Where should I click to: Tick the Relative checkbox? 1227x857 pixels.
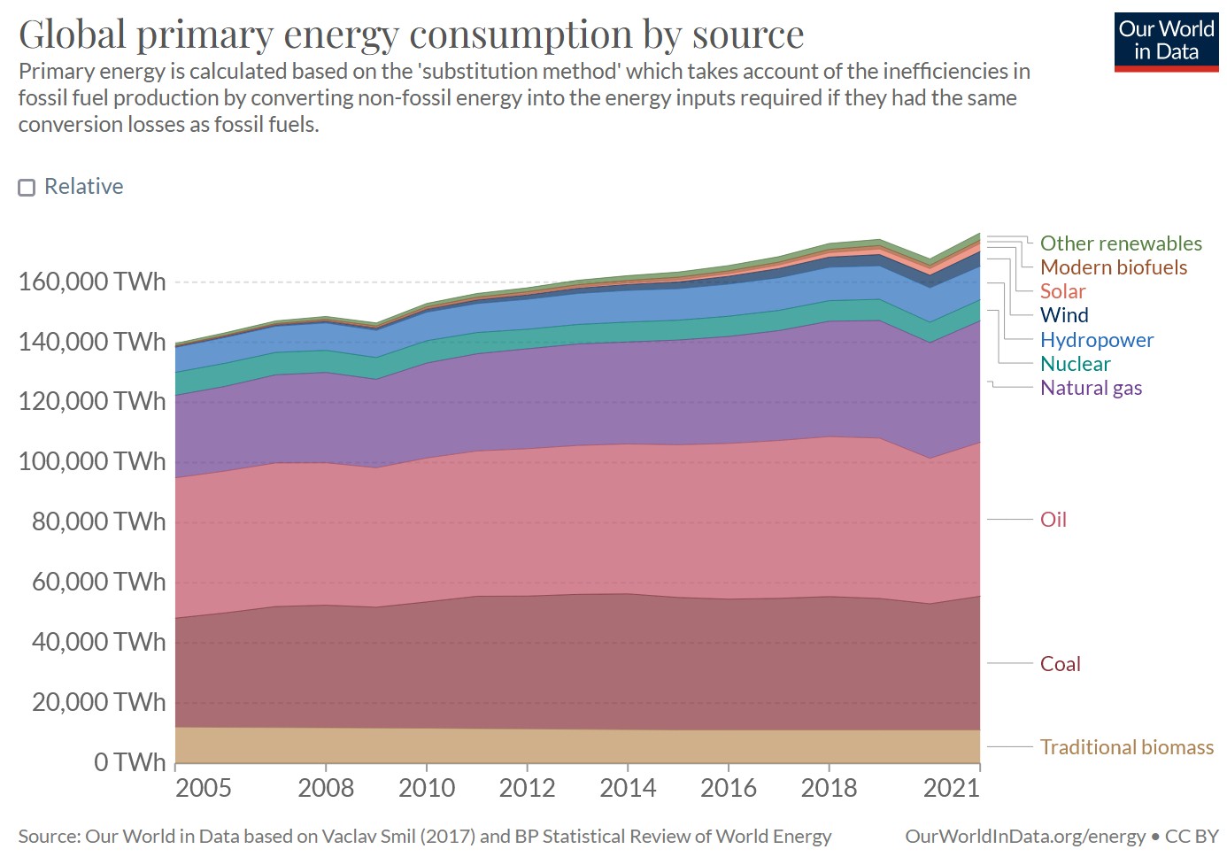[x=27, y=187]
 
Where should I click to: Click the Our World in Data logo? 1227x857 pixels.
[x=1166, y=41]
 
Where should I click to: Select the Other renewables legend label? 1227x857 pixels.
[x=1121, y=243]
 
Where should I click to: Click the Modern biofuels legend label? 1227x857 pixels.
[x=1114, y=267]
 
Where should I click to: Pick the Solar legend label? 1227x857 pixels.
[x=1062, y=291]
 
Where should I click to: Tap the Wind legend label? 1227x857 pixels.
[x=1064, y=315]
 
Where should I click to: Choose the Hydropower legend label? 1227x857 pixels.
[x=1097, y=340]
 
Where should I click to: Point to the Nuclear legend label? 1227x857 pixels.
[x=1075, y=364]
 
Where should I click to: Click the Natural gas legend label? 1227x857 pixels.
[x=1091, y=388]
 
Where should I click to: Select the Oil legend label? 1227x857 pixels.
[x=1053, y=520]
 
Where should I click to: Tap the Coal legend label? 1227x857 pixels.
[x=1061, y=664]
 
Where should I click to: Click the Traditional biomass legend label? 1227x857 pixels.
[x=1126, y=747]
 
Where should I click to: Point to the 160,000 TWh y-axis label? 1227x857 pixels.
[x=92, y=282]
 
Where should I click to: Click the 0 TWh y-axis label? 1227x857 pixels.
[x=129, y=762]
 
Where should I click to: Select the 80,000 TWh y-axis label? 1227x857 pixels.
[x=98, y=521]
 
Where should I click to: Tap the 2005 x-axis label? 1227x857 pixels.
[x=204, y=788]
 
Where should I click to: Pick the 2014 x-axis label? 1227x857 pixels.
[x=628, y=788]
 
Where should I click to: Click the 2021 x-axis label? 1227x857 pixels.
[x=952, y=788]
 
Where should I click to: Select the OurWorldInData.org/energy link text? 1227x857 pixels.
[x=1025, y=837]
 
